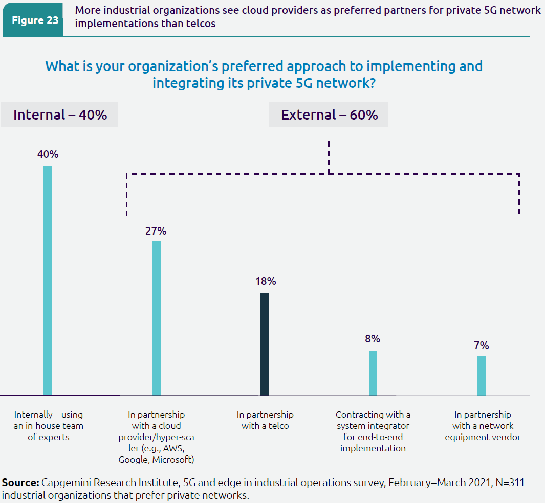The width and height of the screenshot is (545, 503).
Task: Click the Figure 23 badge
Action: (35, 21)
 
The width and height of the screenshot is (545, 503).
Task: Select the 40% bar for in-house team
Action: (48, 281)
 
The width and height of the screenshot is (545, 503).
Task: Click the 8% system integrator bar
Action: (373, 373)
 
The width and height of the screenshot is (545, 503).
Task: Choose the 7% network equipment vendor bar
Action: (482, 376)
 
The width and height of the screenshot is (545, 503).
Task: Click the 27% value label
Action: (156, 231)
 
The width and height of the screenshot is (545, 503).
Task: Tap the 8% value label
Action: (373, 339)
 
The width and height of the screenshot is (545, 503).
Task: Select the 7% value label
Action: (481, 346)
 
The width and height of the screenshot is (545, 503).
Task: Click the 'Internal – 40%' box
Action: (60, 115)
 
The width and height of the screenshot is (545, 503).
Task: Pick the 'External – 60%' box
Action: (329, 115)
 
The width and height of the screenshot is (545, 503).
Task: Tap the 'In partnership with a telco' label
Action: (265, 420)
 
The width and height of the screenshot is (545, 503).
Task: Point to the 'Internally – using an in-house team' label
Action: (49, 426)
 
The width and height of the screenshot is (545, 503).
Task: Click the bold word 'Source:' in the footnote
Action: (20, 483)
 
